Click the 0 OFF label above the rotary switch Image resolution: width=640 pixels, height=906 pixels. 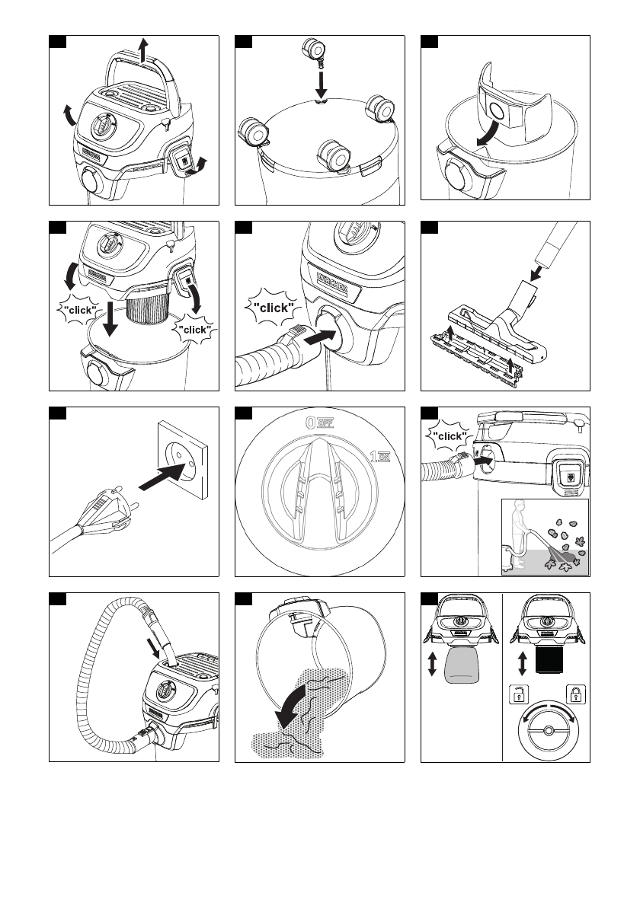[x=318, y=422]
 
